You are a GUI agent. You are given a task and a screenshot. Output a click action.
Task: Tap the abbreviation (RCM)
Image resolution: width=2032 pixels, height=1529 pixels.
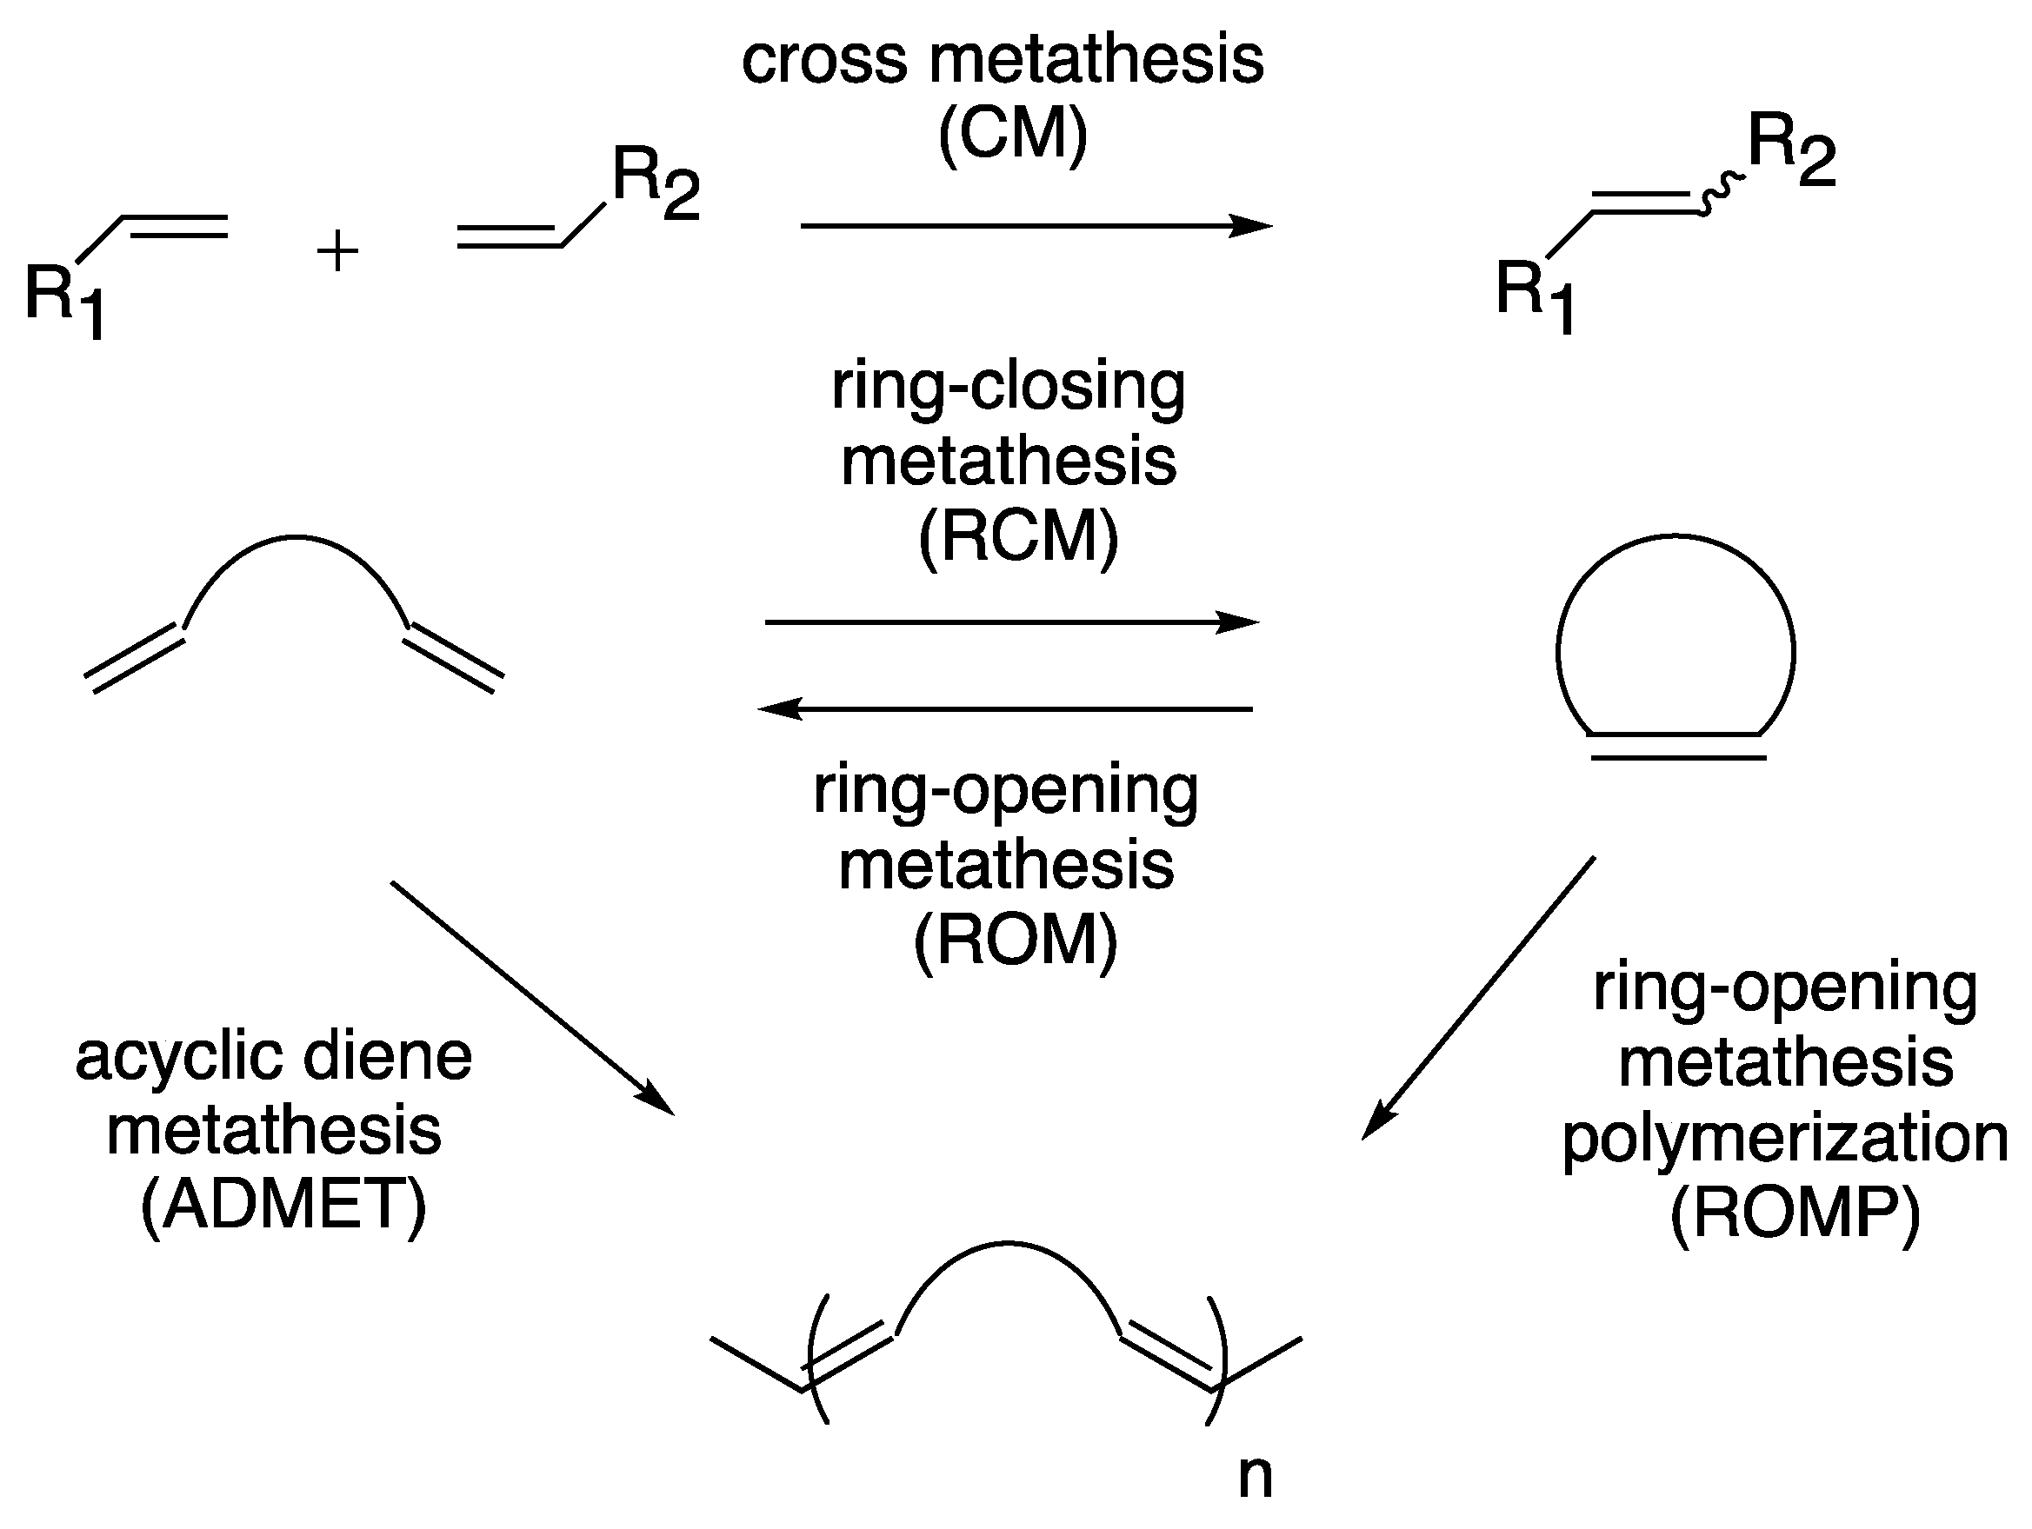[x=1018, y=537]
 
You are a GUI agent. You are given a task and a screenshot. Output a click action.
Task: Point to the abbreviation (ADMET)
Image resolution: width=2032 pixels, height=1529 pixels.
[x=283, y=1205]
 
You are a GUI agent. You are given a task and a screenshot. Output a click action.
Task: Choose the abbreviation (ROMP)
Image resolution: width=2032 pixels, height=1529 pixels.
[x=1794, y=1215]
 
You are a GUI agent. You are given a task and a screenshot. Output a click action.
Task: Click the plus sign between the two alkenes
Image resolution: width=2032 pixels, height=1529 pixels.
[x=337, y=253]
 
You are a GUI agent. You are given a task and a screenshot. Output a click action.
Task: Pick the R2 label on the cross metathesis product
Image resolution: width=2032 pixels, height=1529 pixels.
[x=1790, y=149]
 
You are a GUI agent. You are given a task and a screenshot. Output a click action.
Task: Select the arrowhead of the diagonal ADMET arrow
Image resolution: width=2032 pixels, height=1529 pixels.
[x=656, y=1100]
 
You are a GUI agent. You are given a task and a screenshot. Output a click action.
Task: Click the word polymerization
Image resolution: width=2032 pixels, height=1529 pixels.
[x=1785, y=1140]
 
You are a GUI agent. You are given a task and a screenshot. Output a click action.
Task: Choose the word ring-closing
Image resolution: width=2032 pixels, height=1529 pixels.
[x=1008, y=387]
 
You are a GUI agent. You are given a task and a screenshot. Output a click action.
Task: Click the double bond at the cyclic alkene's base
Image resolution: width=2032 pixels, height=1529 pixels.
[x=1676, y=747]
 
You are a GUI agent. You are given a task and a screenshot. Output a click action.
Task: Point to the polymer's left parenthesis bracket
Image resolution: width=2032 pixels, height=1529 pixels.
[x=817, y=1360]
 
